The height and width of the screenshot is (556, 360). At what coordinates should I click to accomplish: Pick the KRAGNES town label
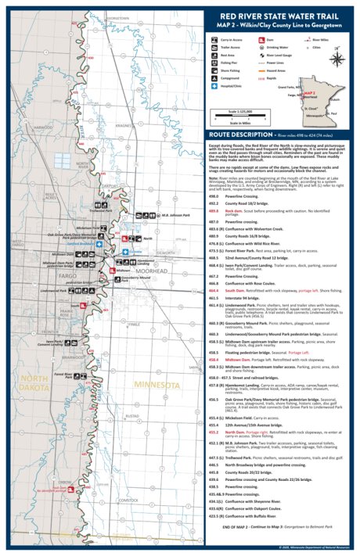tap(124, 125)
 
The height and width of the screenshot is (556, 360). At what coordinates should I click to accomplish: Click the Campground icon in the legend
tap(214, 79)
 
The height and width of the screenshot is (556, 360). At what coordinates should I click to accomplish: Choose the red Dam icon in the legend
tap(260, 38)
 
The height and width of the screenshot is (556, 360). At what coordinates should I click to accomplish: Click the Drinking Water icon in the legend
tap(260, 47)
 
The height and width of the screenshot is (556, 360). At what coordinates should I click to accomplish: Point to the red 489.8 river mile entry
tap(214, 211)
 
